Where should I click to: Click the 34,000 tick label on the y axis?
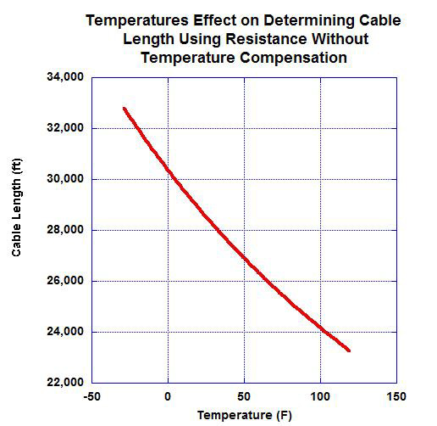64,77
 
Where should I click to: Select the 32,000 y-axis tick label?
64,128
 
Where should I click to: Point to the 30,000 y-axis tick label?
64,179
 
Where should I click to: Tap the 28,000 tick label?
64,230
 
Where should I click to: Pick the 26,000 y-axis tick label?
64,281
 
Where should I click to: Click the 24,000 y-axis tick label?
64,332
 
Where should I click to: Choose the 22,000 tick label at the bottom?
64,383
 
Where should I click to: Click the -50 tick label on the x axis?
92,397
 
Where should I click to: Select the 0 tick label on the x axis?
169,397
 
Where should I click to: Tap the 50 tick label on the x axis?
245,397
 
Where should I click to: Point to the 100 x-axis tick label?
320,397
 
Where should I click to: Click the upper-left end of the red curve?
124,109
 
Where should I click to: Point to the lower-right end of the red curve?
349,350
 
